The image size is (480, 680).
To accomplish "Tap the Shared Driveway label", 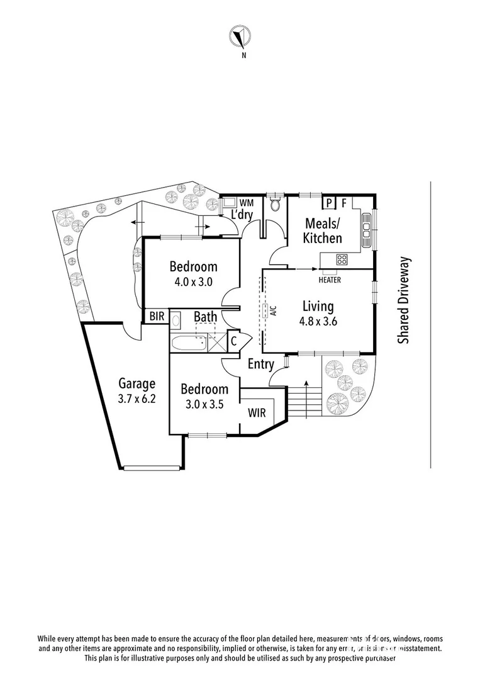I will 403,299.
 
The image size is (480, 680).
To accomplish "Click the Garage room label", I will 137,383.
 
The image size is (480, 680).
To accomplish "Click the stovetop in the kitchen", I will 342,259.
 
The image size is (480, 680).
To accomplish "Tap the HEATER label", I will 330,280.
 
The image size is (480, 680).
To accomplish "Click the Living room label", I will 318,307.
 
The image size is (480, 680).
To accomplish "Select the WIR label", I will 256,414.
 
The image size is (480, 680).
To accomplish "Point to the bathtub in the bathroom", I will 191,343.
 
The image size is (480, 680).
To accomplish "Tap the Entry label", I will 260,364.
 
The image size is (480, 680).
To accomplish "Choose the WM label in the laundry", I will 247,203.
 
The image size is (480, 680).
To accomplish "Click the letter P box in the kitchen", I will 328,203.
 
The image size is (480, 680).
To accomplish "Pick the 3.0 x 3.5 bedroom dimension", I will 204,404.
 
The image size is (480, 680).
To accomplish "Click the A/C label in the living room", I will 274,310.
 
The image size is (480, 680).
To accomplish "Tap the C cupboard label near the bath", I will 233,341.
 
